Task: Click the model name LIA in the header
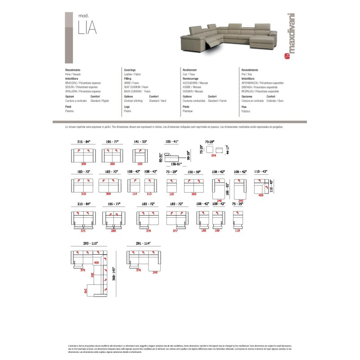[87, 28]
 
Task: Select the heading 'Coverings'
[130, 71]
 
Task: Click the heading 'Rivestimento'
[73, 71]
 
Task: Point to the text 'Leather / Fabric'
[133, 74]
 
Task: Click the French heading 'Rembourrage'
[191, 78]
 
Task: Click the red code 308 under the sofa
[83, 165]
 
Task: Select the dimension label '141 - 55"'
[140, 141]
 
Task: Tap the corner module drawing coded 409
[261, 186]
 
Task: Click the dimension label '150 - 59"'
[194, 172]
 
